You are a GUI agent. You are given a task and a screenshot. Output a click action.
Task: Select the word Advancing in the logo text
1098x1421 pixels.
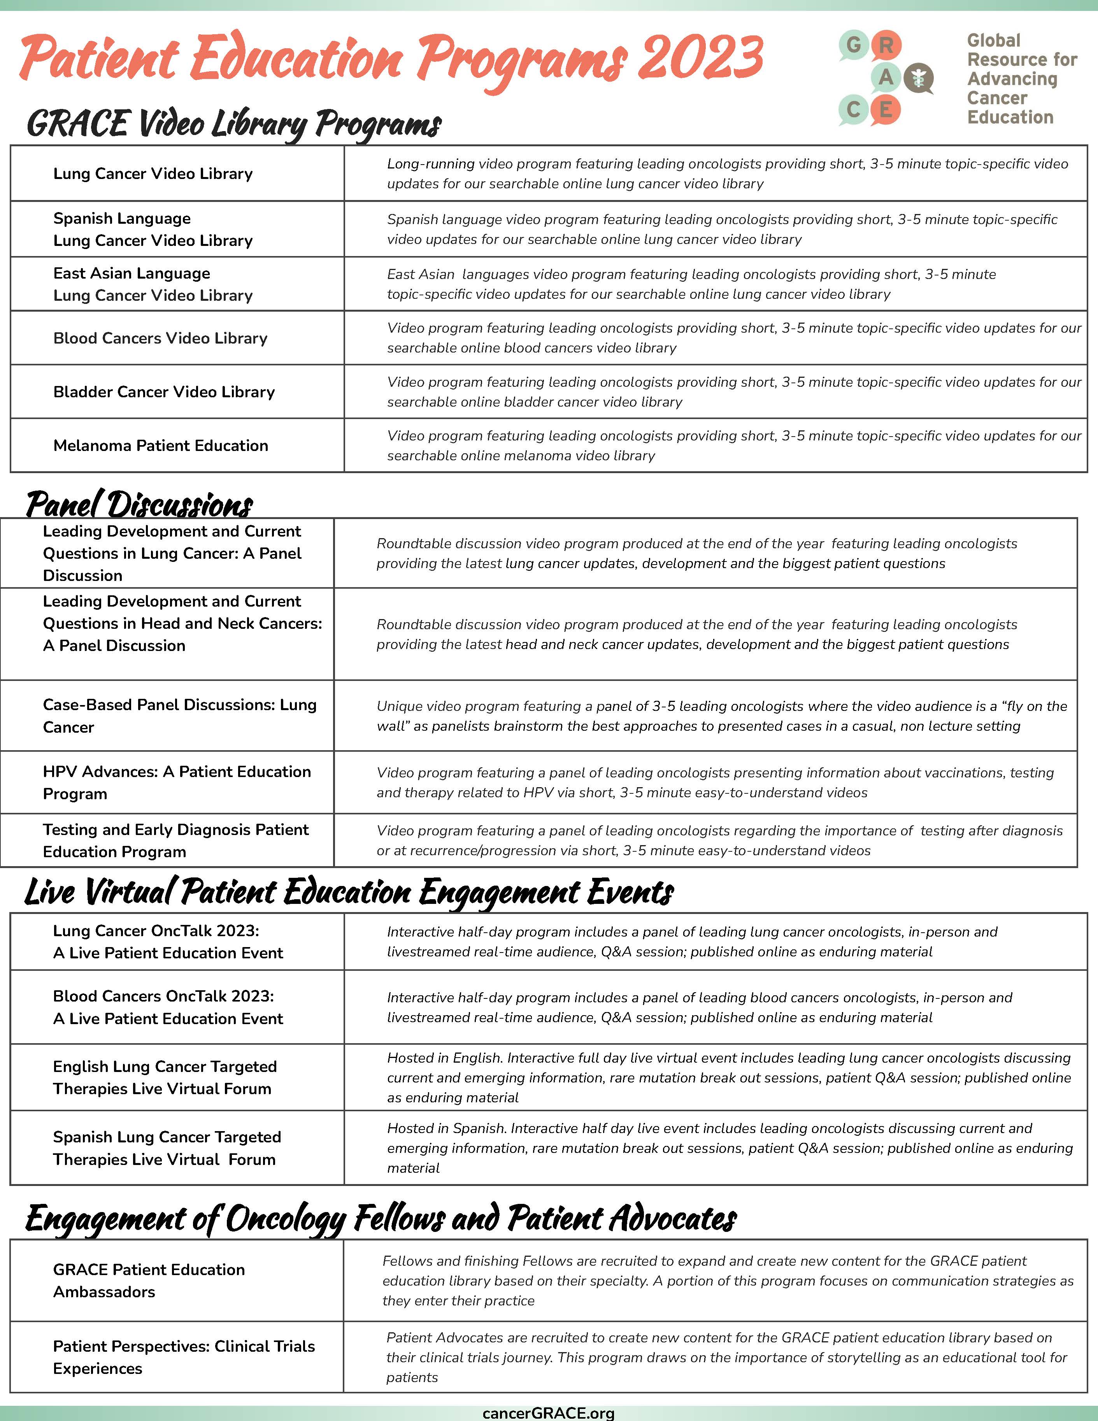(x=1012, y=79)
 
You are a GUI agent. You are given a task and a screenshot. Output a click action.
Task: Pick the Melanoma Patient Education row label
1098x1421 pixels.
(x=161, y=446)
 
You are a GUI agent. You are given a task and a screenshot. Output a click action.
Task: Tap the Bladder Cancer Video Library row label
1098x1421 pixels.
(x=164, y=392)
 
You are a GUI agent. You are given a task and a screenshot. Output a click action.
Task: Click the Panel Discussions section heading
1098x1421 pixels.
(x=139, y=504)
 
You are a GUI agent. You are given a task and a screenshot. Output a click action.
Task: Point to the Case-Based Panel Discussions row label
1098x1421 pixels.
(x=179, y=715)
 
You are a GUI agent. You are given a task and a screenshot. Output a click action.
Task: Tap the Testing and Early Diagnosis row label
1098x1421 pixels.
(x=175, y=840)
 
